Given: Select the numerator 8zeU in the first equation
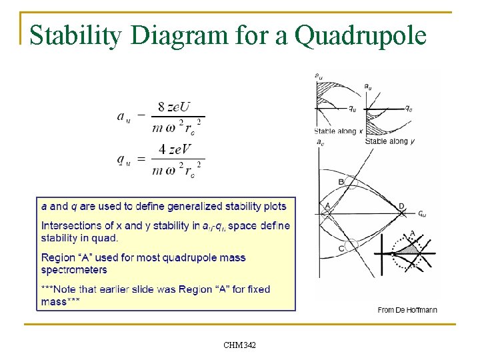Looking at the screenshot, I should [x=173, y=107].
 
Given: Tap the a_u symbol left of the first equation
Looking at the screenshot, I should [x=124, y=117].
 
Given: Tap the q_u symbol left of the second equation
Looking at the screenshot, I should [x=124, y=160].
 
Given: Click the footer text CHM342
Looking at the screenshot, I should [x=239, y=345].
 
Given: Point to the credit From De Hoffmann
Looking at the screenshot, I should [x=407, y=310].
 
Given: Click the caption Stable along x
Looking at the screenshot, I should [x=338, y=131].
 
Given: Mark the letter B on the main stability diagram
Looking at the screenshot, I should [x=341, y=181].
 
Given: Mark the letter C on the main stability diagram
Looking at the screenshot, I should [x=341, y=248].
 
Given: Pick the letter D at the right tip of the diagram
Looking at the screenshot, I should [x=401, y=206].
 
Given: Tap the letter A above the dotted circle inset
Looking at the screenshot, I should [x=412, y=233].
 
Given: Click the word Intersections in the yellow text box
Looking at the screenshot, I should [x=69, y=225].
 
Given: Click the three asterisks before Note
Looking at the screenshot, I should [x=49, y=289].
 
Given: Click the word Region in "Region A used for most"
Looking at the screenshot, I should [x=58, y=257].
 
